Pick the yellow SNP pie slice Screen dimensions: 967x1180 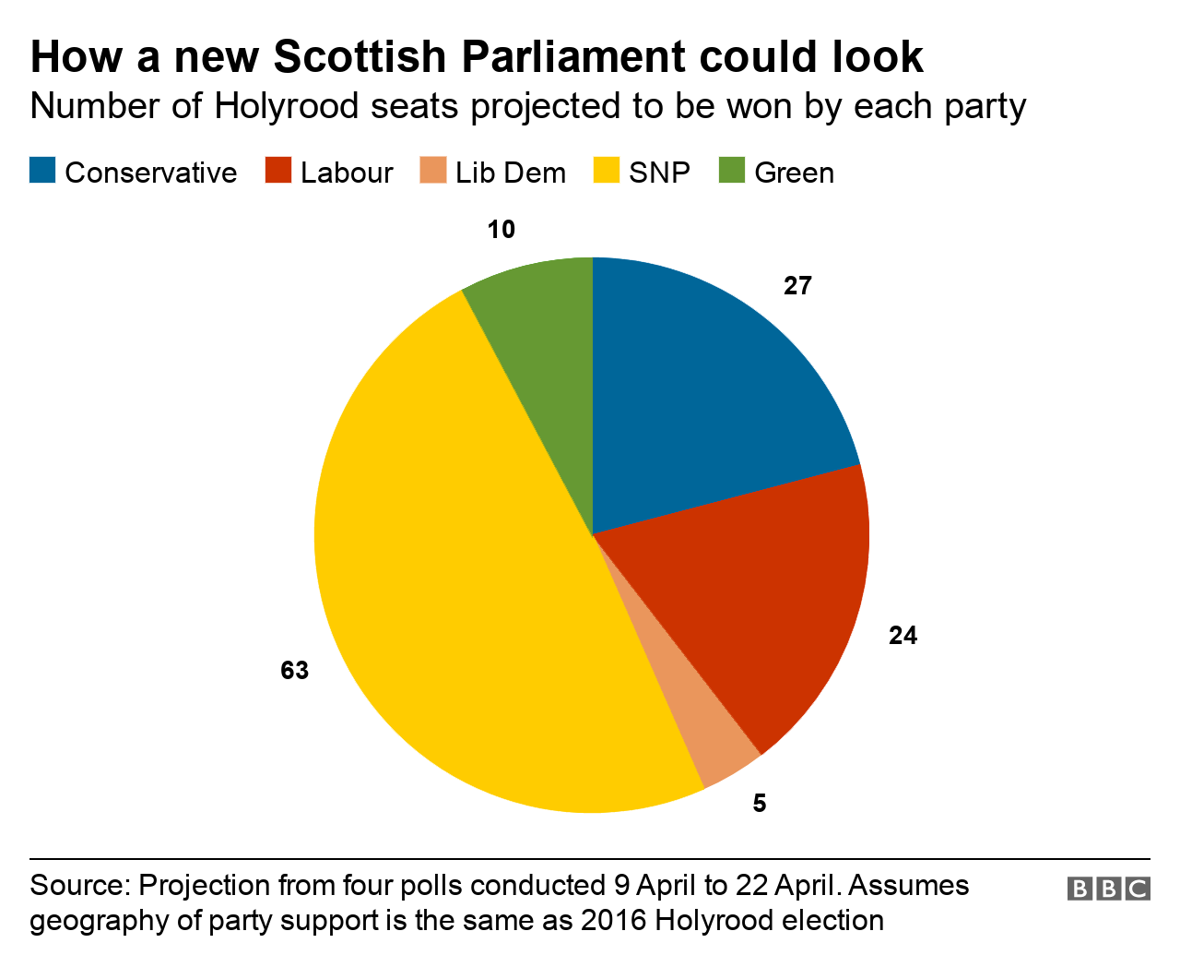(x=461, y=591)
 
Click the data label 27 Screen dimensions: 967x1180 (x=797, y=286)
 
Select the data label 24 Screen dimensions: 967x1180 (x=903, y=636)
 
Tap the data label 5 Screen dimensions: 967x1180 (x=759, y=804)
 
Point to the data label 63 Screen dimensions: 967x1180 (x=294, y=671)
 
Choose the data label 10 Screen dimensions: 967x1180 (x=501, y=230)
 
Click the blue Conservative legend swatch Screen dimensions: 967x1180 (x=42, y=172)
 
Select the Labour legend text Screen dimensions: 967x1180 (x=347, y=173)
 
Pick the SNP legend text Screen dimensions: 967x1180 (x=659, y=173)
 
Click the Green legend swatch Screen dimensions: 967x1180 (x=731, y=172)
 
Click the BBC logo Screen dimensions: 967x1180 (x=1109, y=889)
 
